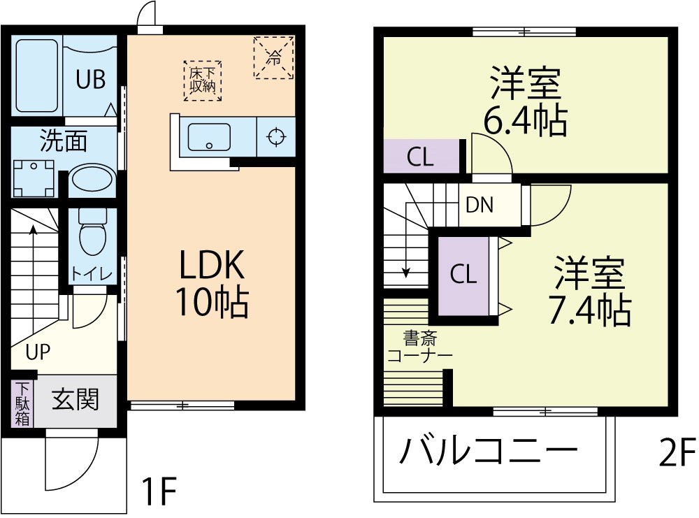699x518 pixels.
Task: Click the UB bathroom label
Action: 90,80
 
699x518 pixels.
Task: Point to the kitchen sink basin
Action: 208,137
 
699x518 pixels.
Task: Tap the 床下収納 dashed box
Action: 202,80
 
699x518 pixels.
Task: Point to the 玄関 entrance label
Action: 75,400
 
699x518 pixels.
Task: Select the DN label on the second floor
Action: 480,205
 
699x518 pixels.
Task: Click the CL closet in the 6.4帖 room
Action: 421,157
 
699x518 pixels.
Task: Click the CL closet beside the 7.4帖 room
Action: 463,275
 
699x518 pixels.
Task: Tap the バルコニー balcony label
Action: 489,452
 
